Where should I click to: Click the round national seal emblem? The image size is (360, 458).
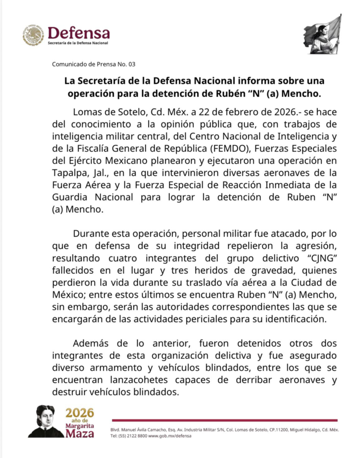pyautogui.click(x=33, y=35)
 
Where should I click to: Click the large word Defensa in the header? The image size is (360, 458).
pyautogui.click(x=79, y=33)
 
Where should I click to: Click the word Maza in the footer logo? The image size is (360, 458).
pyautogui.click(x=80, y=433)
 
